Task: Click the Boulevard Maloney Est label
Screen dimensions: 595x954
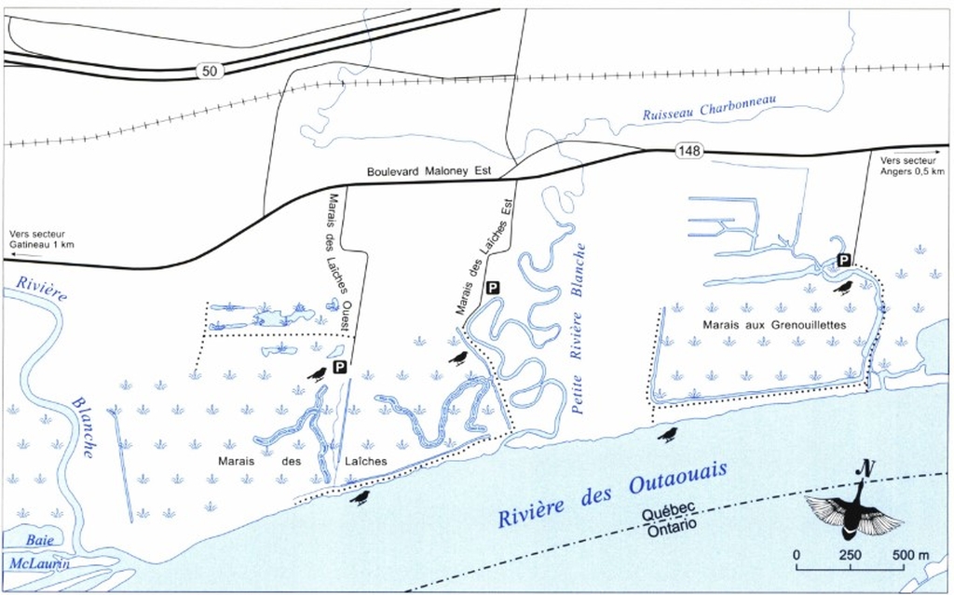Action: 429,170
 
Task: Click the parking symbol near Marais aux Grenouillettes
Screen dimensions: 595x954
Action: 843,260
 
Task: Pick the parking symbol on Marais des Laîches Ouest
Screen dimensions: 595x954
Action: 340,369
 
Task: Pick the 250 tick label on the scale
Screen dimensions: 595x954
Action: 850,555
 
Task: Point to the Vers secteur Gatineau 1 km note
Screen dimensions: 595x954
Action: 41,239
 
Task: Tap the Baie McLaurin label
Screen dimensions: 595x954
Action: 37,551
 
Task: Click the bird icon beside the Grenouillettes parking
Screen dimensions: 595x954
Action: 844,288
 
